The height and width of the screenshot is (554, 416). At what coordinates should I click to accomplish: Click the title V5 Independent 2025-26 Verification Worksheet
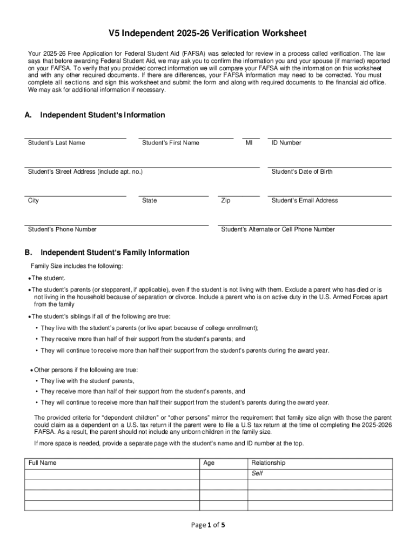click(207, 34)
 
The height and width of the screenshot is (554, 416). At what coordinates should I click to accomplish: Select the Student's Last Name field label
click(56, 143)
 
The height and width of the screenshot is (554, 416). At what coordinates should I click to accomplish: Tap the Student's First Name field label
click(170, 143)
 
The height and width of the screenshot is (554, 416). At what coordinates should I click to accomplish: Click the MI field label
click(249, 143)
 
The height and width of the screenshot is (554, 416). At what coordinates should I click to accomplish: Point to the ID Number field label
click(286, 143)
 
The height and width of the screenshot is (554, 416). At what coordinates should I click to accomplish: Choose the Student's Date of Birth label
click(302, 172)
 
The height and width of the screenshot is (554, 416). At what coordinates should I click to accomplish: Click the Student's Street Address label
click(85, 172)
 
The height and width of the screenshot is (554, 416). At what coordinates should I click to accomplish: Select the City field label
click(33, 201)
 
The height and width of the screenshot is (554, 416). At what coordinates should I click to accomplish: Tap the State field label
click(150, 201)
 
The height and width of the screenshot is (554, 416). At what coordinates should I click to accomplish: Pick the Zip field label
click(226, 201)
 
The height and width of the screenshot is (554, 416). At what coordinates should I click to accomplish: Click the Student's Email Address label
click(305, 201)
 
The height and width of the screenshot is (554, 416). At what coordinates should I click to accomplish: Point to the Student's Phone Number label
click(62, 229)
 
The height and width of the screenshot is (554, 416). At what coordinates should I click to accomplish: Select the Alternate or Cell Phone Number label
click(278, 229)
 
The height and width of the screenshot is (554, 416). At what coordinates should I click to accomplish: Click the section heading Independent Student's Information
click(103, 115)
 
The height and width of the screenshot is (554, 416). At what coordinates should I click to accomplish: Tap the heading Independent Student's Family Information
click(115, 253)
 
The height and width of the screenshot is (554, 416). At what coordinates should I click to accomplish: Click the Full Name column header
click(43, 463)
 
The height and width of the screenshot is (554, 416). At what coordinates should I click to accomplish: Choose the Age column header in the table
click(209, 463)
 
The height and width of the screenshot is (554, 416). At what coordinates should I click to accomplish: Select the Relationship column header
click(269, 463)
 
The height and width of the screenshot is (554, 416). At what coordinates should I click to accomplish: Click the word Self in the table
click(258, 473)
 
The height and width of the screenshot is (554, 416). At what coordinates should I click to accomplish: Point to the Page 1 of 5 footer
click(207, 524)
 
